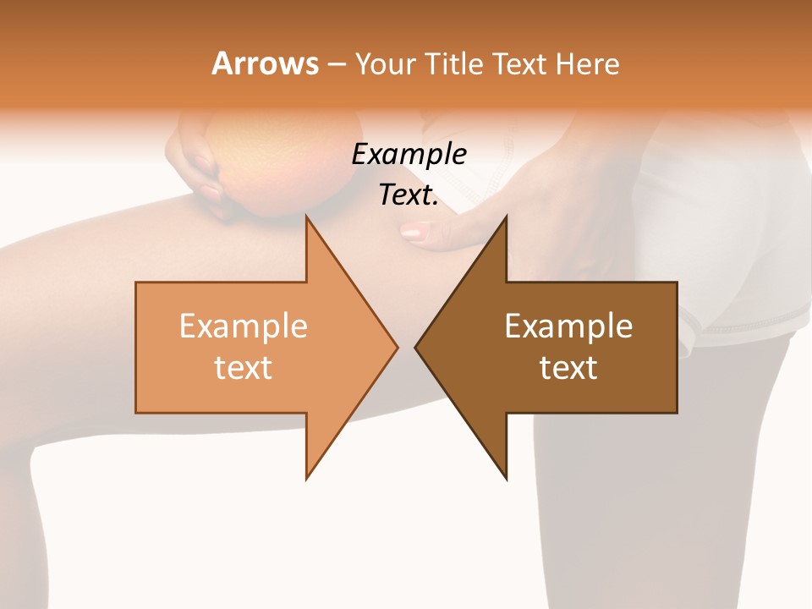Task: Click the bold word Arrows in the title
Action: pyautogui.click(x=265, y=63)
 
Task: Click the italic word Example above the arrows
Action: pyautogui.click(x=409, y=155)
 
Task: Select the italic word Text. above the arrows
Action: pyautogui.click(x=409, y=195)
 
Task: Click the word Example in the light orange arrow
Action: pyautogui.click(x=243, y=326)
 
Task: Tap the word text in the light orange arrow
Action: pyautogui.click(x=243, y=368)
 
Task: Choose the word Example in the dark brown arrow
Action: pyautogui.click(x=568, y=326)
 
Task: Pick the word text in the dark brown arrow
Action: pyautogui.click(x=568, y=368)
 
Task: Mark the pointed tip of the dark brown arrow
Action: pyautogui.click(x=416, y=347)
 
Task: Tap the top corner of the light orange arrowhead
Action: pyautogui.click(x=307, y=218)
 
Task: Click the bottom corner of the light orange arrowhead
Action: pyautogui.click(x=307, y=478)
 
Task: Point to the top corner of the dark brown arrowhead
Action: pyautogui.click(x=506, y=218)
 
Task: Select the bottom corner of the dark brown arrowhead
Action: pyautogui.click(x=506, y=478)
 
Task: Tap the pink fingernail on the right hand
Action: pyautogui.click(x=414, y=230)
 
